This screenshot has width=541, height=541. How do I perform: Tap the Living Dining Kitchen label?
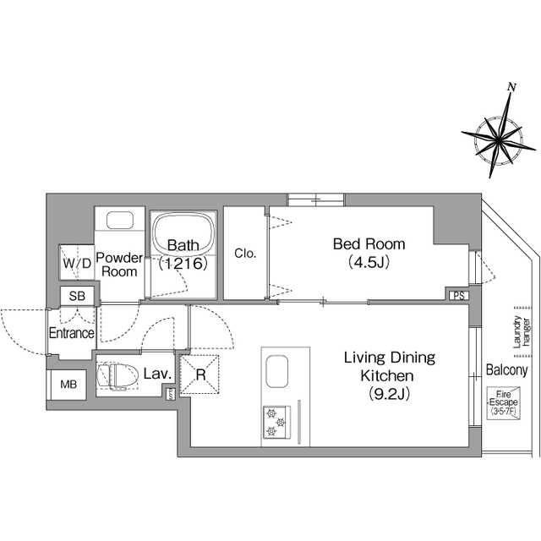tap(390, 375)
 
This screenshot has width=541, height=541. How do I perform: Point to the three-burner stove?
tap(276, 423)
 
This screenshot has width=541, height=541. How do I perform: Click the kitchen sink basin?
tap(277, 371)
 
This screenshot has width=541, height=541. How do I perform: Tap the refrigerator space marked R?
tap(200, 374)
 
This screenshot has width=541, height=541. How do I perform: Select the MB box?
tap(68, 385)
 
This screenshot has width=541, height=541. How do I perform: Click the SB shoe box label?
tap(77, 296)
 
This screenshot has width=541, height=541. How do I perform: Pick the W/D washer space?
tap(77, 262)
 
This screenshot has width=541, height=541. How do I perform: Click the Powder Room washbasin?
tap(120, 220)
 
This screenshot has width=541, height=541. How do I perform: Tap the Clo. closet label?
tap(245, 254)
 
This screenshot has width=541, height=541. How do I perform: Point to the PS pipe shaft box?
tap(459, 296)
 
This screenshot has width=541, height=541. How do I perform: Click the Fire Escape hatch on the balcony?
tap(504, 403)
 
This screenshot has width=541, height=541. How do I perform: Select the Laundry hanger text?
tap(521, 331)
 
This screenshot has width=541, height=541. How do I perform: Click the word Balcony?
tap(507, 370)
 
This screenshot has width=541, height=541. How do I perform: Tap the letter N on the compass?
tap(512, 88)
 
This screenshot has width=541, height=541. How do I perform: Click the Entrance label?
tap(71, 333)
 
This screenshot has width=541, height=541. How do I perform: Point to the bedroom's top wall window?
tap(316, 199)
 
